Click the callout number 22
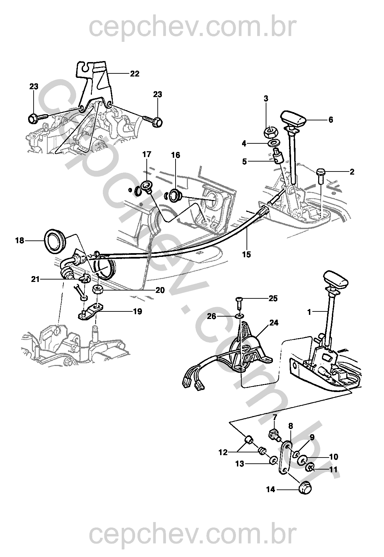[x=134, y=74]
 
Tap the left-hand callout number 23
[x=34, y=86]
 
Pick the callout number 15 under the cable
[x=247, y=254]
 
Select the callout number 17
[x=147, y=154]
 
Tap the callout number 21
[x=35, y=279]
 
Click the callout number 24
[x=274, y=323]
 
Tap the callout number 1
[x=309, y=312]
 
